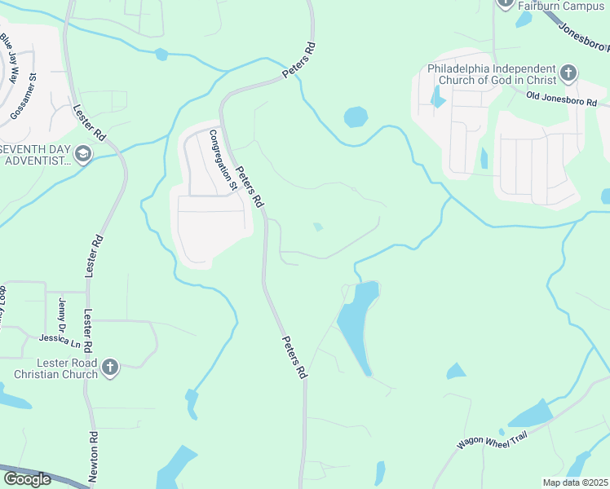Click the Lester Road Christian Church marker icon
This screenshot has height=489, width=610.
110,368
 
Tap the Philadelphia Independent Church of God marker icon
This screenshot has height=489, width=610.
568,74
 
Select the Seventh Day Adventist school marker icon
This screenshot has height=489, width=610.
82,153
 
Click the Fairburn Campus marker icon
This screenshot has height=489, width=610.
505,3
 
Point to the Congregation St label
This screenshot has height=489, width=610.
223,161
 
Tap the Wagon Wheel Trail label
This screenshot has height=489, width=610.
493,441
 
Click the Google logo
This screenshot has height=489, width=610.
27,479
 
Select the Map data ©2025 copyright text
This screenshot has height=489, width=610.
575,482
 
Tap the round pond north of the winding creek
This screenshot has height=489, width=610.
356,117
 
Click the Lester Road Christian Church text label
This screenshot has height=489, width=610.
55,368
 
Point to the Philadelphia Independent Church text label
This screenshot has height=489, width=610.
492,74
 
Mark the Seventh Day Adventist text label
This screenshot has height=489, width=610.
37,154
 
